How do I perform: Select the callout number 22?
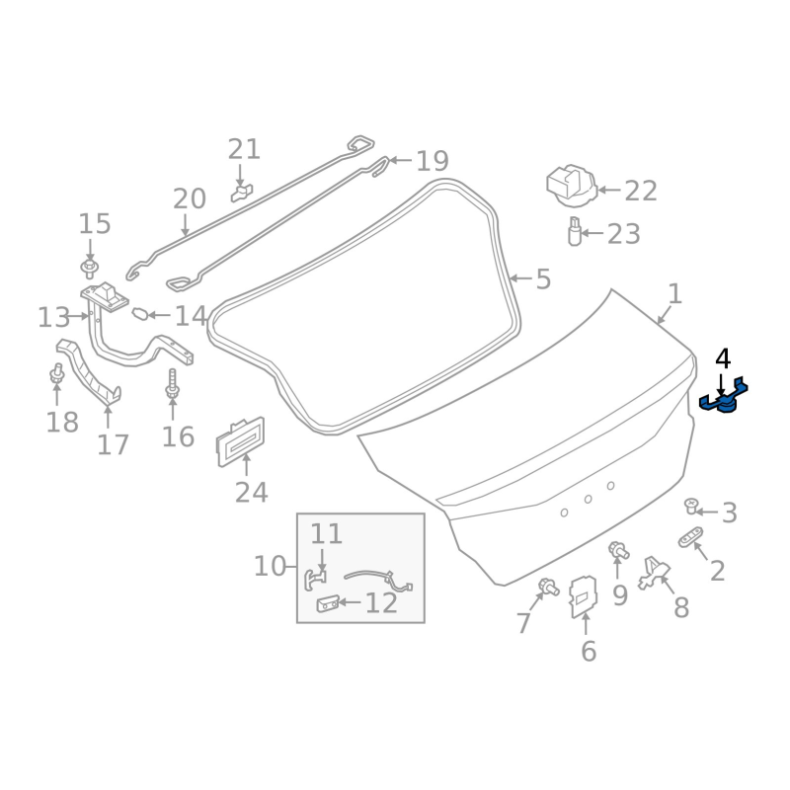641,191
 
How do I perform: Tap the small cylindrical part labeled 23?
573,234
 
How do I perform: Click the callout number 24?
251,492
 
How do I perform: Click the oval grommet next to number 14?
141,315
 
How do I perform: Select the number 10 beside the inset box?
270,567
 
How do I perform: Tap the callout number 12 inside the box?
381,602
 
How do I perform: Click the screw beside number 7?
544,589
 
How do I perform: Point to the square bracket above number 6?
585,594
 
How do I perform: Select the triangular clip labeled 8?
653,570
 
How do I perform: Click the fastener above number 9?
617,549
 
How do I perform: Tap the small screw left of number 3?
692,507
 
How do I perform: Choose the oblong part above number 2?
690,537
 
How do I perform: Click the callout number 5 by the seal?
543,280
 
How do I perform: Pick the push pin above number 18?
56,374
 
